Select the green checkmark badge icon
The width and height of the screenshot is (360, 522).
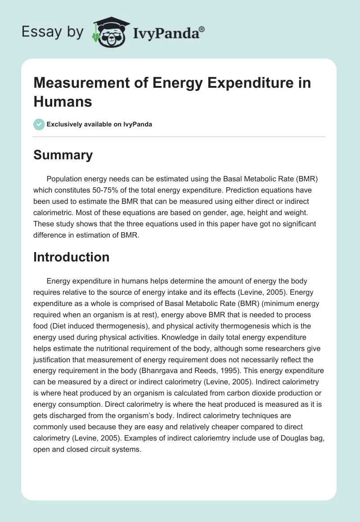tap(39, 124)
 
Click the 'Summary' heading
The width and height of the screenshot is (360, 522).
tap(63, 155)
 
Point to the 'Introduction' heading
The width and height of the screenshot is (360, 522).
tap(72, 257)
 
